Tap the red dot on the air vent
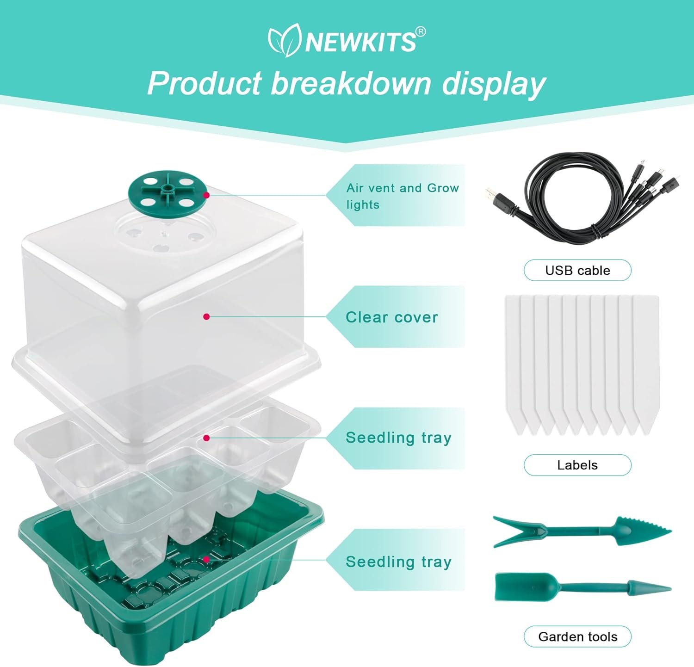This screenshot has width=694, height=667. tap(206, 195)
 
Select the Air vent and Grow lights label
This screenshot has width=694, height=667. tap(402, 196)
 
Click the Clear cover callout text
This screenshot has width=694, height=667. tap(391, 317)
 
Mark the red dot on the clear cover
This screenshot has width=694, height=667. tap(206, 316)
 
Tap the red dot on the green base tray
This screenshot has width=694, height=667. tap(206, 559)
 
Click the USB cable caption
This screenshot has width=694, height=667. tap(577, 270)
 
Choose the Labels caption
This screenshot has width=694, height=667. tap(577, 465)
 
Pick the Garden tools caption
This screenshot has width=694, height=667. tap(577, 637)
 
